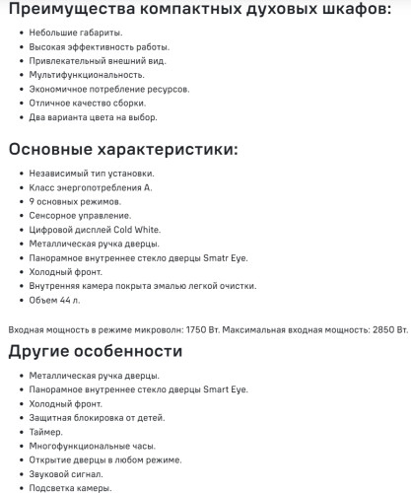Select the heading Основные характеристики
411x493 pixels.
(x=122, y=151)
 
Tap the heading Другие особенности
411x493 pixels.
(x=95, y=351)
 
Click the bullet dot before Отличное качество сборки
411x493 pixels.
(x=22, y=103)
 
